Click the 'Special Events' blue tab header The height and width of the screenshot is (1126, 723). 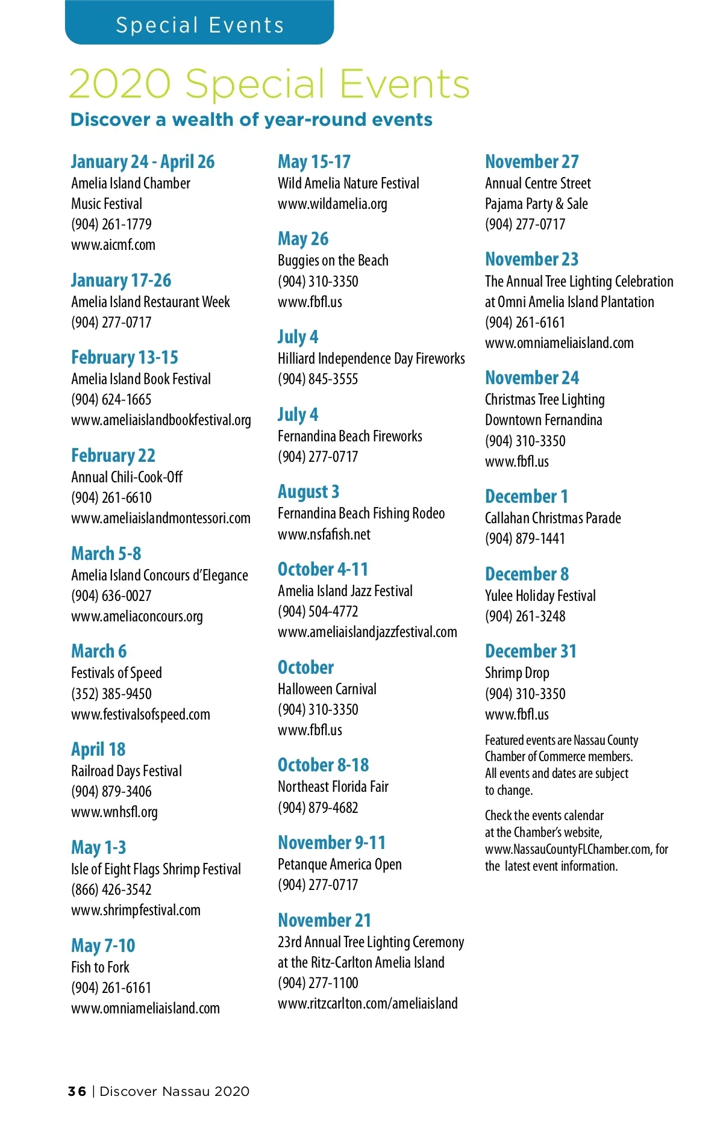click(x=199, y=25)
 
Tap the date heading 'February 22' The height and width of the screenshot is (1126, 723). click(x=113, y=455)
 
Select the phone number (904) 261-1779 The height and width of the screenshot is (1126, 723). click(x=111, y=224)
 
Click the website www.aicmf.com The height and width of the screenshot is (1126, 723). click(x=113, y=244)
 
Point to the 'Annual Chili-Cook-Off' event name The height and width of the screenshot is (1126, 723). click(x=127, y=477)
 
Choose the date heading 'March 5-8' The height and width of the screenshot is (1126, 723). click(x=106, y=553)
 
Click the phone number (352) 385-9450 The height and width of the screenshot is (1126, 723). click(x=111, y=694)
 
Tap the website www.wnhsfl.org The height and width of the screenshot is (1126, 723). click(x=114, y=812)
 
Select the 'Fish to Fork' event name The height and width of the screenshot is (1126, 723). click(x=100, y=967)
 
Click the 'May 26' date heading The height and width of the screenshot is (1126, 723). click(x=303, y=238)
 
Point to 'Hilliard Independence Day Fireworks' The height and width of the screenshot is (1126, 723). click(x=371, y=358)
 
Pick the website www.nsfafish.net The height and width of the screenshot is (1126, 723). click(x=324, y=534)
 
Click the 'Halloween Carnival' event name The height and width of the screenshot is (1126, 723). click(x=327, y=689)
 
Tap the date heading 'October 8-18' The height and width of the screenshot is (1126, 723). click(x=324, y=765)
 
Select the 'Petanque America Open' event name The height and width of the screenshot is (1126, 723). click(x=340, y=864)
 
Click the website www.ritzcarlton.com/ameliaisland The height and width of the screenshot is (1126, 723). click(x=368, y=1003)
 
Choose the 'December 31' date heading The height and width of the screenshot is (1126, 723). click(x=531, y=651)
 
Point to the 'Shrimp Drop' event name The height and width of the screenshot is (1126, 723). click(x=517, y=673)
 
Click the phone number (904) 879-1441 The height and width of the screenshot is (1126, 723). click(x=525, y=538)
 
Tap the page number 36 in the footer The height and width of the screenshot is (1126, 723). click(x=77, y=1091)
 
